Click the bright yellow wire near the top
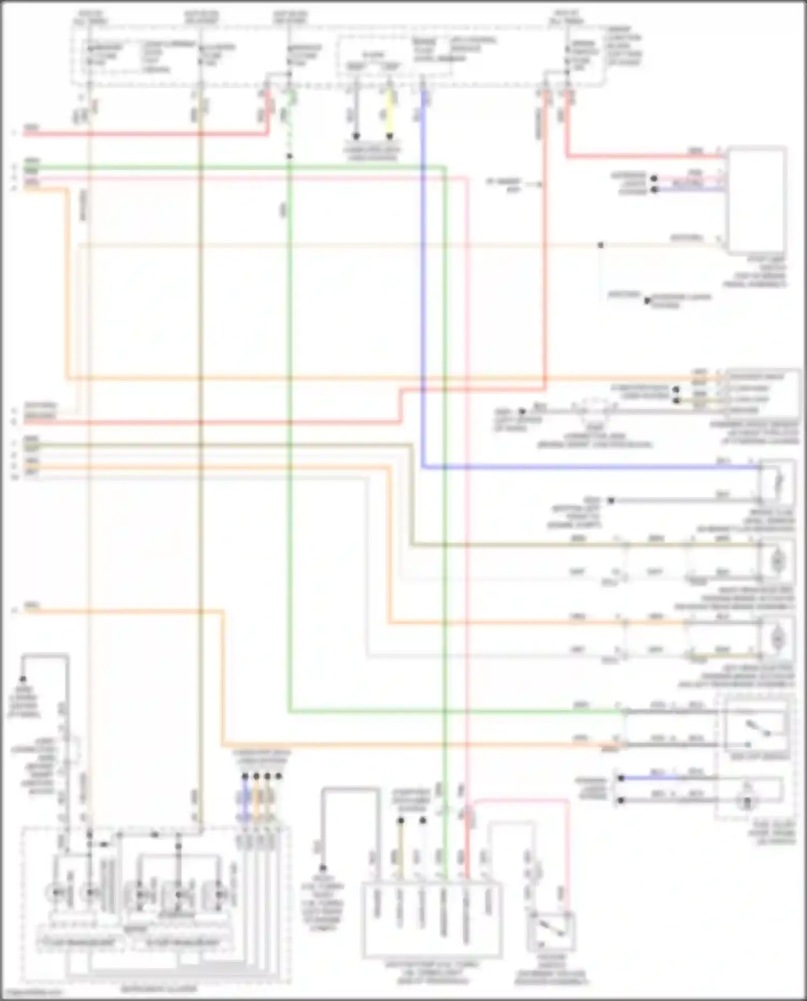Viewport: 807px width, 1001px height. click(x=390, y=113)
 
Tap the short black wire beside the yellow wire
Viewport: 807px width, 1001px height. click(x=356, y=113)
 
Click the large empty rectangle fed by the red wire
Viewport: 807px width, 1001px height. click(x=756, y=199)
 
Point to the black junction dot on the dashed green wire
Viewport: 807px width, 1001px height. click(x=289, y=157)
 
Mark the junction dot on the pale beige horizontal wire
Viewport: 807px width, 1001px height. click(x=600, y=245)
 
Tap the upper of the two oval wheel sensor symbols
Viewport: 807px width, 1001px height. click(x=777, y=561)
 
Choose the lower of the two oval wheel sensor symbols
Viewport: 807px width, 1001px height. click(x=777, y=638)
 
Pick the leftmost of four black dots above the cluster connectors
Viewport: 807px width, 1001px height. click(x=245, y=776)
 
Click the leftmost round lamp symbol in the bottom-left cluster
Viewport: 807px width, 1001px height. click(x=55, y=893)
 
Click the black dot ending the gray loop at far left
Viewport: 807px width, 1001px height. click(x=23, y=679)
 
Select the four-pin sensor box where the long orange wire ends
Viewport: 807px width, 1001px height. click(x=761, y=393)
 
